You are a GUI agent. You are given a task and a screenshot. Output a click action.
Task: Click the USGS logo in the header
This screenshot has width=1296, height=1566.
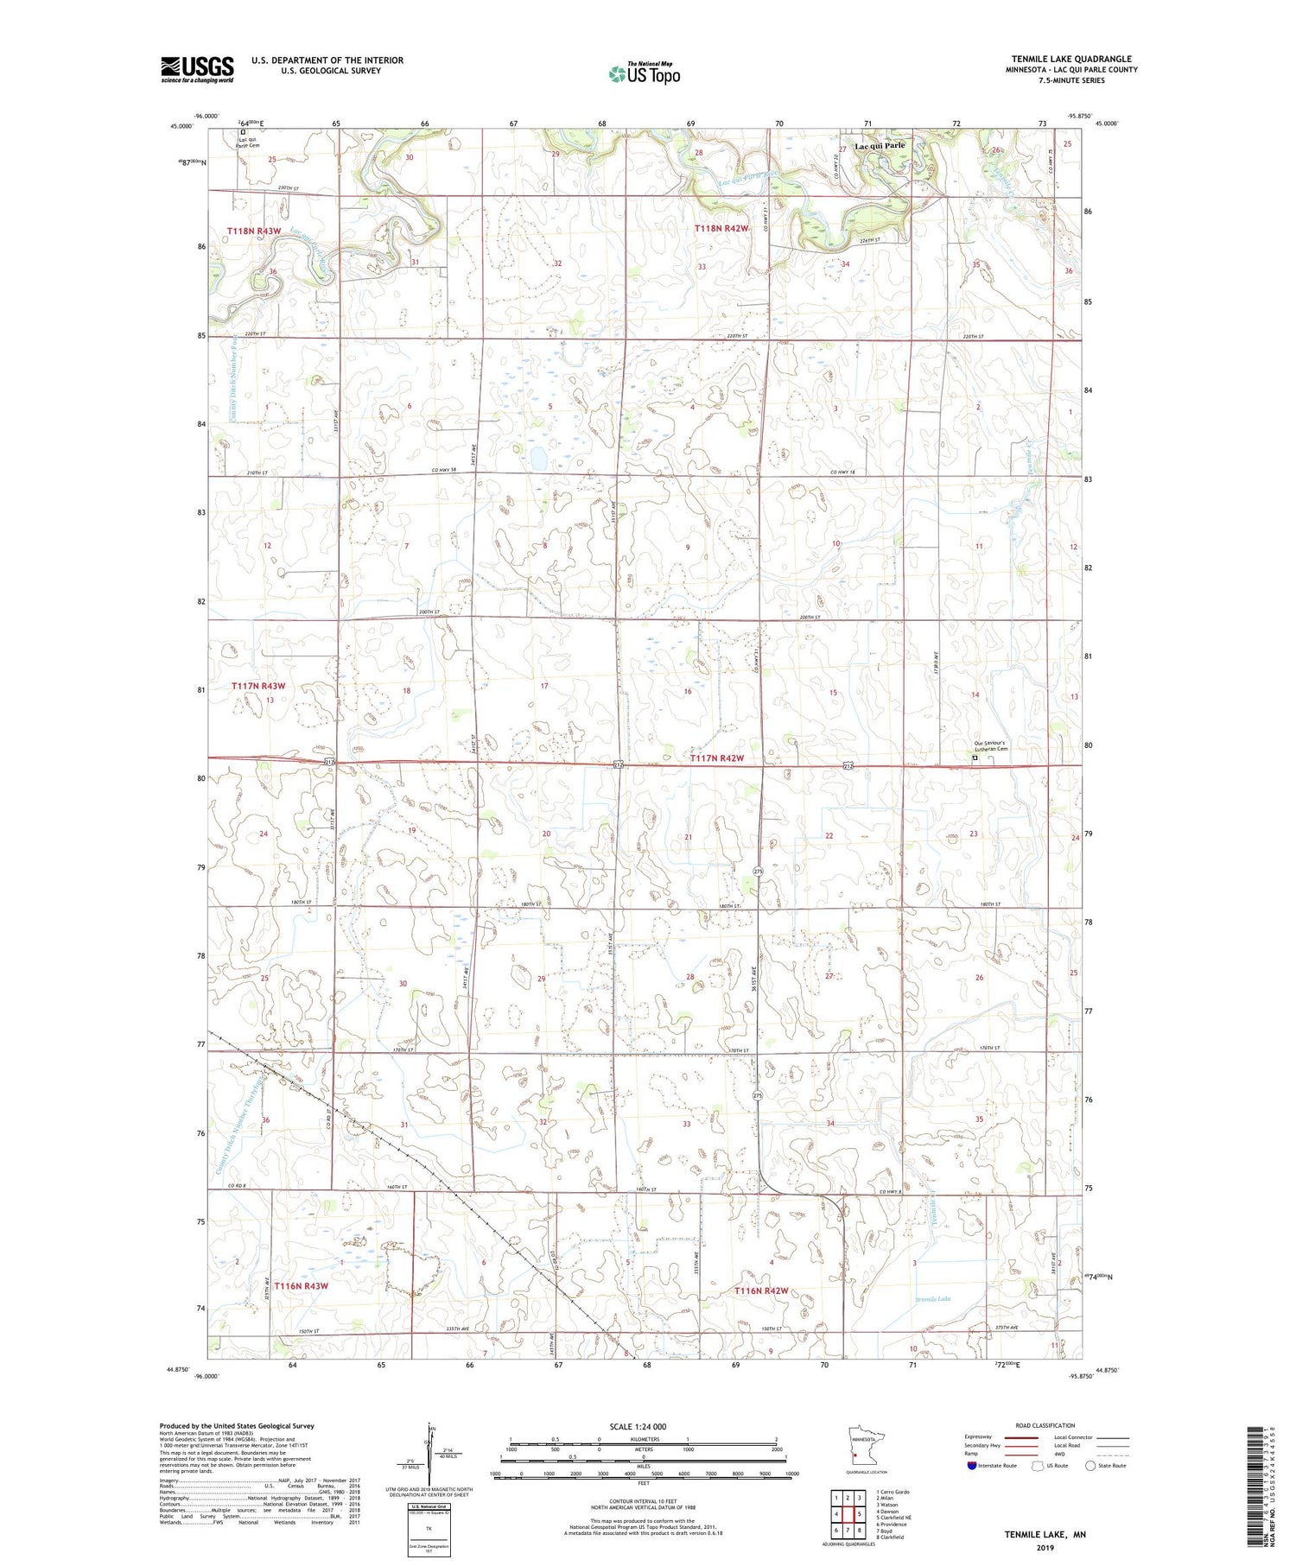tap(197, 69)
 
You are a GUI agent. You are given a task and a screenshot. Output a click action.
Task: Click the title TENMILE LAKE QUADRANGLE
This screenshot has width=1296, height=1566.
tap(1071, 59)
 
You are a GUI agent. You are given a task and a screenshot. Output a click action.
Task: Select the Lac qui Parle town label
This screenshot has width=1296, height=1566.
tap(880, 146)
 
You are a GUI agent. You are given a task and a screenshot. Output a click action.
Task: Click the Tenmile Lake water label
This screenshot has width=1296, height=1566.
tap(932, 1299)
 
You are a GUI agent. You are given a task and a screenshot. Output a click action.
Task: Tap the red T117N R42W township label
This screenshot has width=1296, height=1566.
tap(717, 758)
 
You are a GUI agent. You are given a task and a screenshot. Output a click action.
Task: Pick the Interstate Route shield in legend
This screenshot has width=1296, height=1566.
tap(972, 1466)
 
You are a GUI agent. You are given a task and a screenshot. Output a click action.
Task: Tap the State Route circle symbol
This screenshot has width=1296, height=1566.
tap(1090, 1466)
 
